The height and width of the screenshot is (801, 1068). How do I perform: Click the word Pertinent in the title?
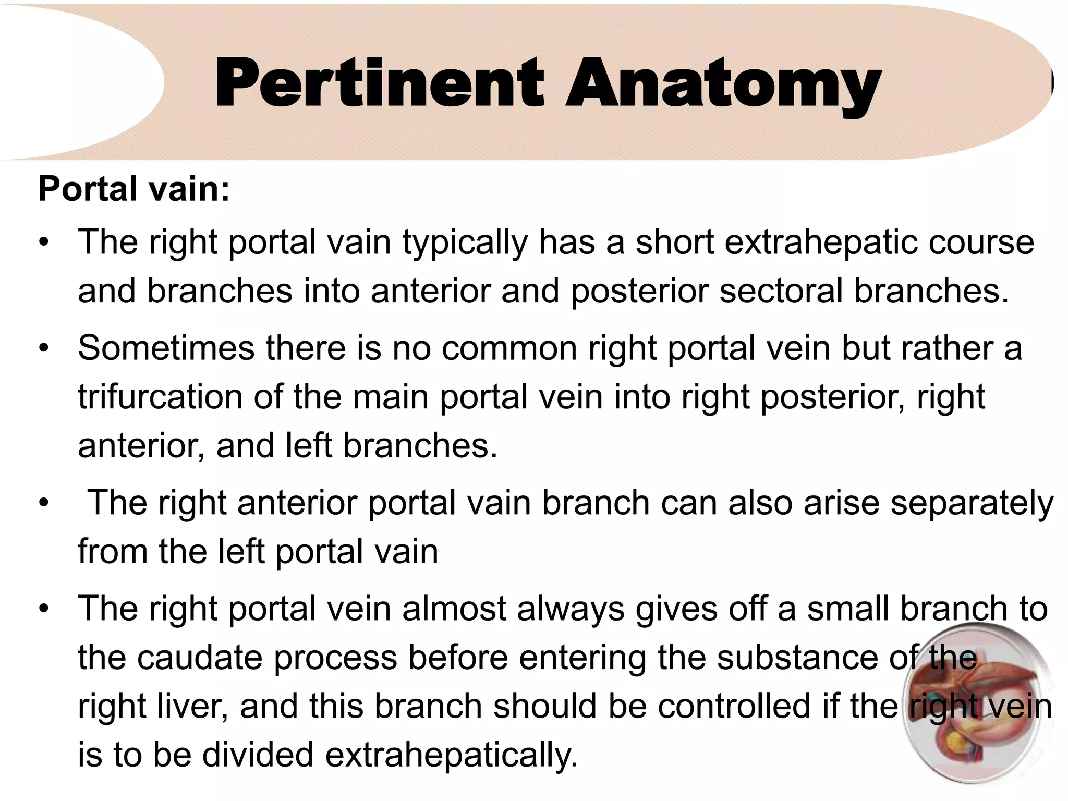379,83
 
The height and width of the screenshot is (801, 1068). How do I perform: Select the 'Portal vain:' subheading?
134,189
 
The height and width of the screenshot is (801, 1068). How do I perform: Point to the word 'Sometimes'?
166,348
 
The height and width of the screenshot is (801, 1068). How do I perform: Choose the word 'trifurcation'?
160,397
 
